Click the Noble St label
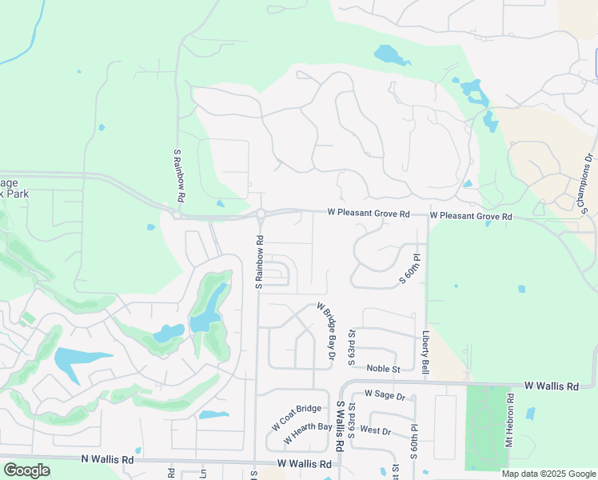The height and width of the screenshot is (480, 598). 383,368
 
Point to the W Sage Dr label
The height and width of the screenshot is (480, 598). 385,394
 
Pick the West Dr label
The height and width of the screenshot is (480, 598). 375,430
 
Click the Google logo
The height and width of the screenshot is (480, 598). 26,470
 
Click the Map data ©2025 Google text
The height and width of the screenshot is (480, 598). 548,474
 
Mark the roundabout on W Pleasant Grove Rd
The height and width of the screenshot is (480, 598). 261,214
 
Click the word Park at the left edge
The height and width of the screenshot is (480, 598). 13,194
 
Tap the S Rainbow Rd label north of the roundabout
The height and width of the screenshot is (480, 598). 180,174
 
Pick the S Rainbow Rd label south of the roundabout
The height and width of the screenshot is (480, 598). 259,262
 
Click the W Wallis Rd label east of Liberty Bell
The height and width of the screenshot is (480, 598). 552,386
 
